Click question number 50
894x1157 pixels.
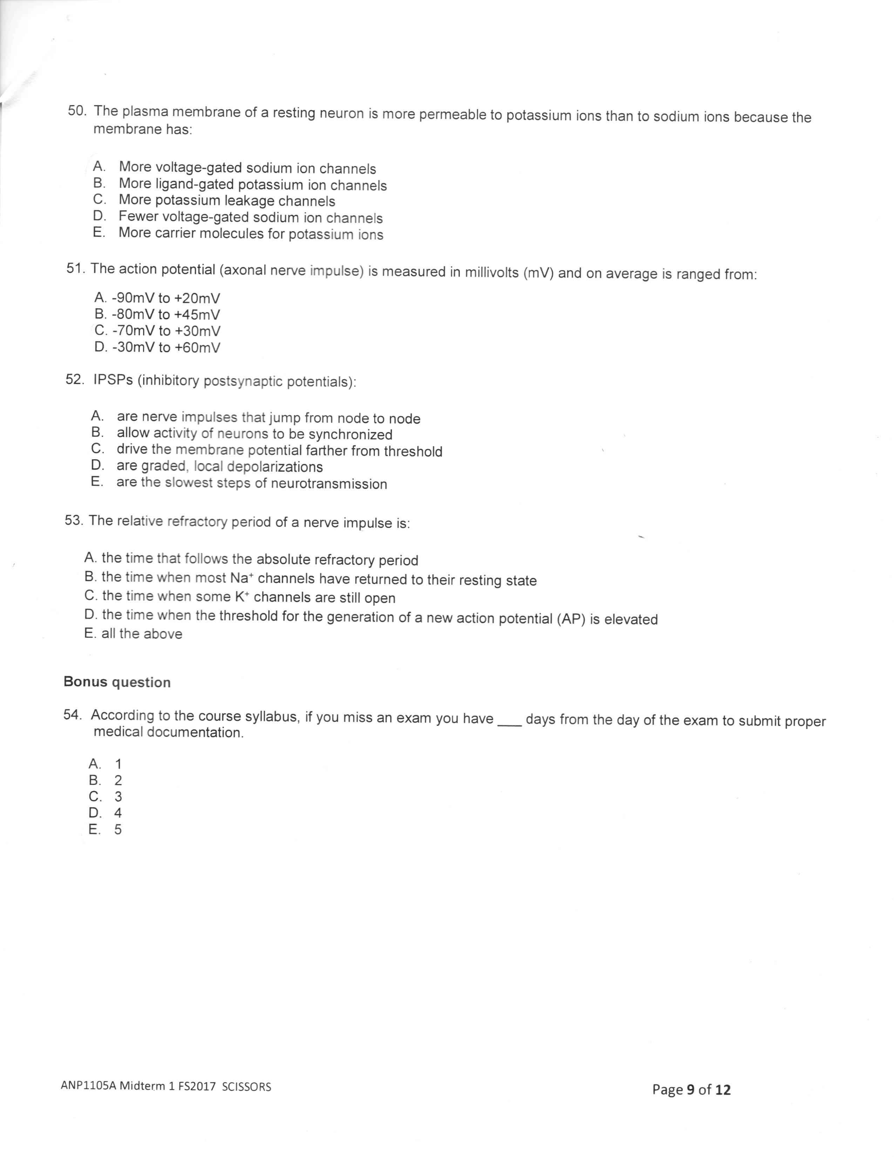pos(77,111)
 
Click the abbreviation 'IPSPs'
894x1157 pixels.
pos(113,380)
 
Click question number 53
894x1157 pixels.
pos(74,520)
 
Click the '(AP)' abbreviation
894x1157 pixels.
pos(571,619)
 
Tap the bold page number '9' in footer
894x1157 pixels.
pos(690,1090)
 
